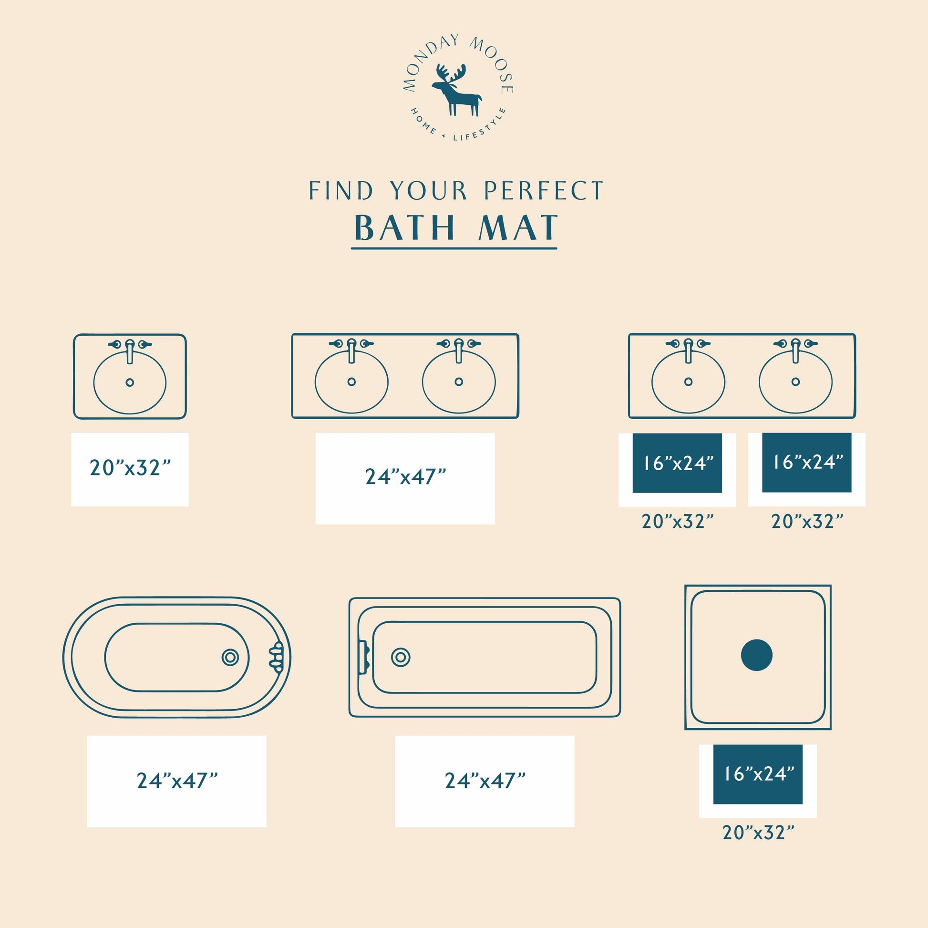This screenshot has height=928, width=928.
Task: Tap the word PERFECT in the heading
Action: pyautogui.click(x=543, y=191)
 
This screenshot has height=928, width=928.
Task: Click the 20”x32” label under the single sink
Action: pyautogui.click(x=130, y=467)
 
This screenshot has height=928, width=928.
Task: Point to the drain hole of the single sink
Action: pyautogui.click(x=129, y=382)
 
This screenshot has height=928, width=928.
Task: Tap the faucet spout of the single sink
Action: pyautogui.click(x=129, y=351)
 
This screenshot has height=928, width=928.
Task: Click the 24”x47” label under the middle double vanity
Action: pyautogui.click(x=405, y=476)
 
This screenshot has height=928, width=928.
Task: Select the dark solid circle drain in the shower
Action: pyautogui.click(x=756, y=655)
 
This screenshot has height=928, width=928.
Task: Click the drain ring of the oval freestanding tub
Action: pyautogui.click(x=230, y=657)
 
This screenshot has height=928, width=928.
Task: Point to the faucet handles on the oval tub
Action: pyautogui.click(x=276, y=657)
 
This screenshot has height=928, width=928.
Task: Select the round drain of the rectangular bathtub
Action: pyautogui.click(x=401, y=657)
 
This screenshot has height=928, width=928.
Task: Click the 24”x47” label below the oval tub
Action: pyautogui.click(x=177, y=781)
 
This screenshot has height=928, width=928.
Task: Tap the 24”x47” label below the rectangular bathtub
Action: pyautogui.click(x=485, y=781)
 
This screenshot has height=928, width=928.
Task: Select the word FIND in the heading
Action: pyautogui.click(x=340, y=191)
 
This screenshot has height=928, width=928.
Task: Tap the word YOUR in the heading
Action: pyautogui.click(x=428, y=191)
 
